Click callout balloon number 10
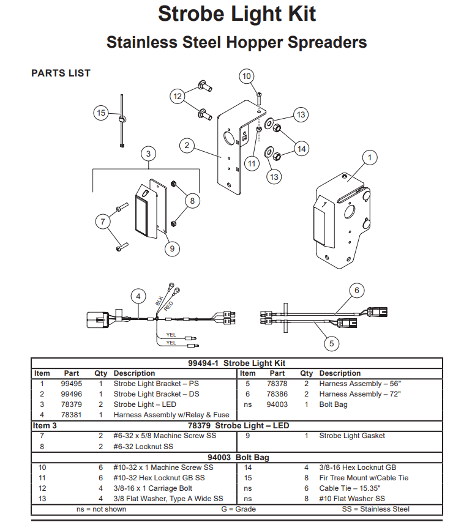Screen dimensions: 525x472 tap(246, 76)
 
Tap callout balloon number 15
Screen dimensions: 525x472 tap(101, 112)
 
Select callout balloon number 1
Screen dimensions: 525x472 tap(369, 158)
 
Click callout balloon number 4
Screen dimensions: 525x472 tap(138, 296)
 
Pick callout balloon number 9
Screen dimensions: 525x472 tap(172, 248)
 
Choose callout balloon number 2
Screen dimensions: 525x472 tap(187, 146)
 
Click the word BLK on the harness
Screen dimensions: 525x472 tap(159, 302)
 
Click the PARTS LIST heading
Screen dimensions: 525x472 tap(61, 73)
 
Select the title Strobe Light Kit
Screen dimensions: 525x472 tap(237, 13)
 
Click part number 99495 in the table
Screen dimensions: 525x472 tap(72, 384)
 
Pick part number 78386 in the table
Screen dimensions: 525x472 tap(277, 394)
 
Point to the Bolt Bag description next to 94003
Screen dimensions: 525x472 tap(333, 404)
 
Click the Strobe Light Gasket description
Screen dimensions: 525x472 tap(352, 436)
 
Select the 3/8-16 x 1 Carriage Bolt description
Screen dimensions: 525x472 tap(153, 488)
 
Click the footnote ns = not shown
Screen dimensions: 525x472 tap(102, 509)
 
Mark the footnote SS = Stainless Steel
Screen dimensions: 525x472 tap(376, 509)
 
